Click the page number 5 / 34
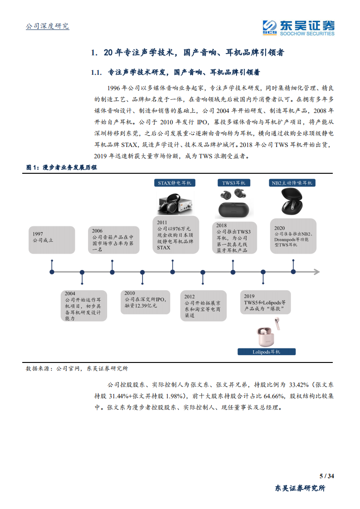coord(327,476)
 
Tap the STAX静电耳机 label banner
coord(174,183)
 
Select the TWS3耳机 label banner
coord(233,183)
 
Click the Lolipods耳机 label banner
coord(266,352)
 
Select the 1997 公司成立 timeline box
coord(52,240)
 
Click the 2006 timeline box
coord(112,240)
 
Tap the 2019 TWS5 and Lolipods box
coord(264,302)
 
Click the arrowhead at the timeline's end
coord(316,272)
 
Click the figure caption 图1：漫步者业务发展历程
coord(61,167)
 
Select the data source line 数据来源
coord(77,369)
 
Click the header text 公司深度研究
coord(47,26)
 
